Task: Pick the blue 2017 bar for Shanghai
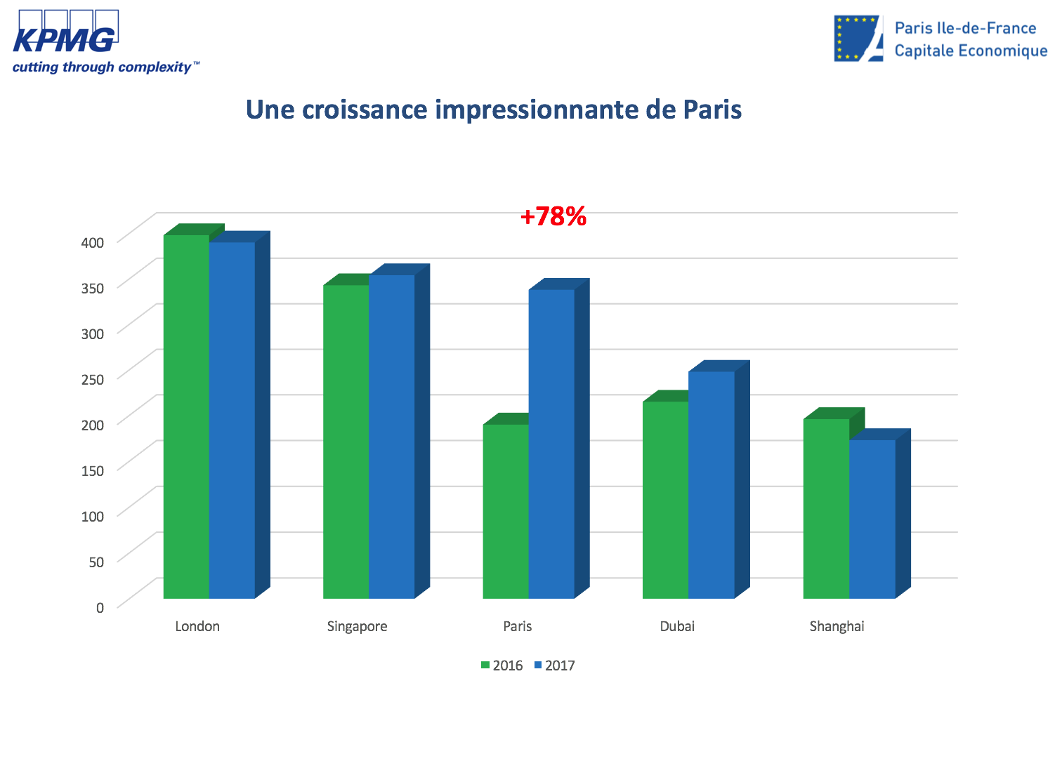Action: [x=872, y=519]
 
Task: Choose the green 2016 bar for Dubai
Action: [x=665, y=500]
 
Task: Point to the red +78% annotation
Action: [x=553, y=216]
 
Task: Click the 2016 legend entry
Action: [x=501, y=666]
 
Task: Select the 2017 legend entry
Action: [x=554, y=666]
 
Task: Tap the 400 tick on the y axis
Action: [x=93, y=242]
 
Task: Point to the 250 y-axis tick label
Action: [x=93, y=379]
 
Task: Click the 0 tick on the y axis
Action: [x=100, y=607]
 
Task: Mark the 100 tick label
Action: [x=93, y=516]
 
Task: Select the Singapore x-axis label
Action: [x=357, y=626]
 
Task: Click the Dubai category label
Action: [x=677, y=626]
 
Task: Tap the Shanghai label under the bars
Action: [x=837, y=626]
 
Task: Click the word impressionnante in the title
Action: [x=537, y=110]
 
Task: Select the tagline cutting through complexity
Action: [x=103, y=67]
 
